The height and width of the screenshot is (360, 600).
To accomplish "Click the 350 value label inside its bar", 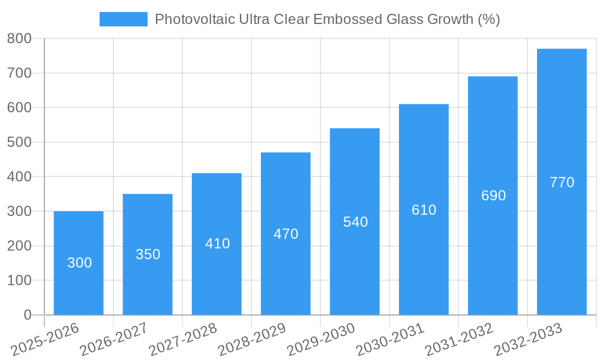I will pyautogui.click(x=148, y=254).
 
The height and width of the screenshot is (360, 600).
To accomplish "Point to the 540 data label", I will pyautogui.click(x=355, y=222).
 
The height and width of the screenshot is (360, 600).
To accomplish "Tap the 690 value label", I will pyautogui.click(x=493, y=196).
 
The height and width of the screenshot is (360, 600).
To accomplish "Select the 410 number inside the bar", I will pyautogui.click(x=217, y=244).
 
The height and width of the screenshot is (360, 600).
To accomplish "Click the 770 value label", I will pyautogui.click(x=562, y=182).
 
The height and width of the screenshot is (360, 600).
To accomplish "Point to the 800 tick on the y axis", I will pyautogui.click(x=19, y=39).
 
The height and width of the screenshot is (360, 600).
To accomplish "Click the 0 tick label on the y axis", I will pyautogui.click(x=28, y=315).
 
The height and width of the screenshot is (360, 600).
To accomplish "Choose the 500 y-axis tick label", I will pyautogui.click(x=19, y=142).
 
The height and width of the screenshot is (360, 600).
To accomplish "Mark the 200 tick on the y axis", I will pyautogui.click(x=19, y=246).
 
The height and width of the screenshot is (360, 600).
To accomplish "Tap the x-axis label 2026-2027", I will pyautogui.click(x=114, y=339).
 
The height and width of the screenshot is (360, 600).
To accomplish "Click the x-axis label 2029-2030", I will pyautogui.click(x=321, y=339).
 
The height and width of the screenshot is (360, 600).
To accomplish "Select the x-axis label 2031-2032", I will pyautogui.click(x=459, y=339).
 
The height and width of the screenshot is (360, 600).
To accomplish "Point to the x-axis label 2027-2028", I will pyautogui.click(x=183, y=339).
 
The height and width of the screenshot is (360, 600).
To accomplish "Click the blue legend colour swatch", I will pyautogui.click(x=123, y=19).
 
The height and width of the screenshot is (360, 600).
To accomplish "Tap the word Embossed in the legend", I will pyautogui.click(x=345, y=19).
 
